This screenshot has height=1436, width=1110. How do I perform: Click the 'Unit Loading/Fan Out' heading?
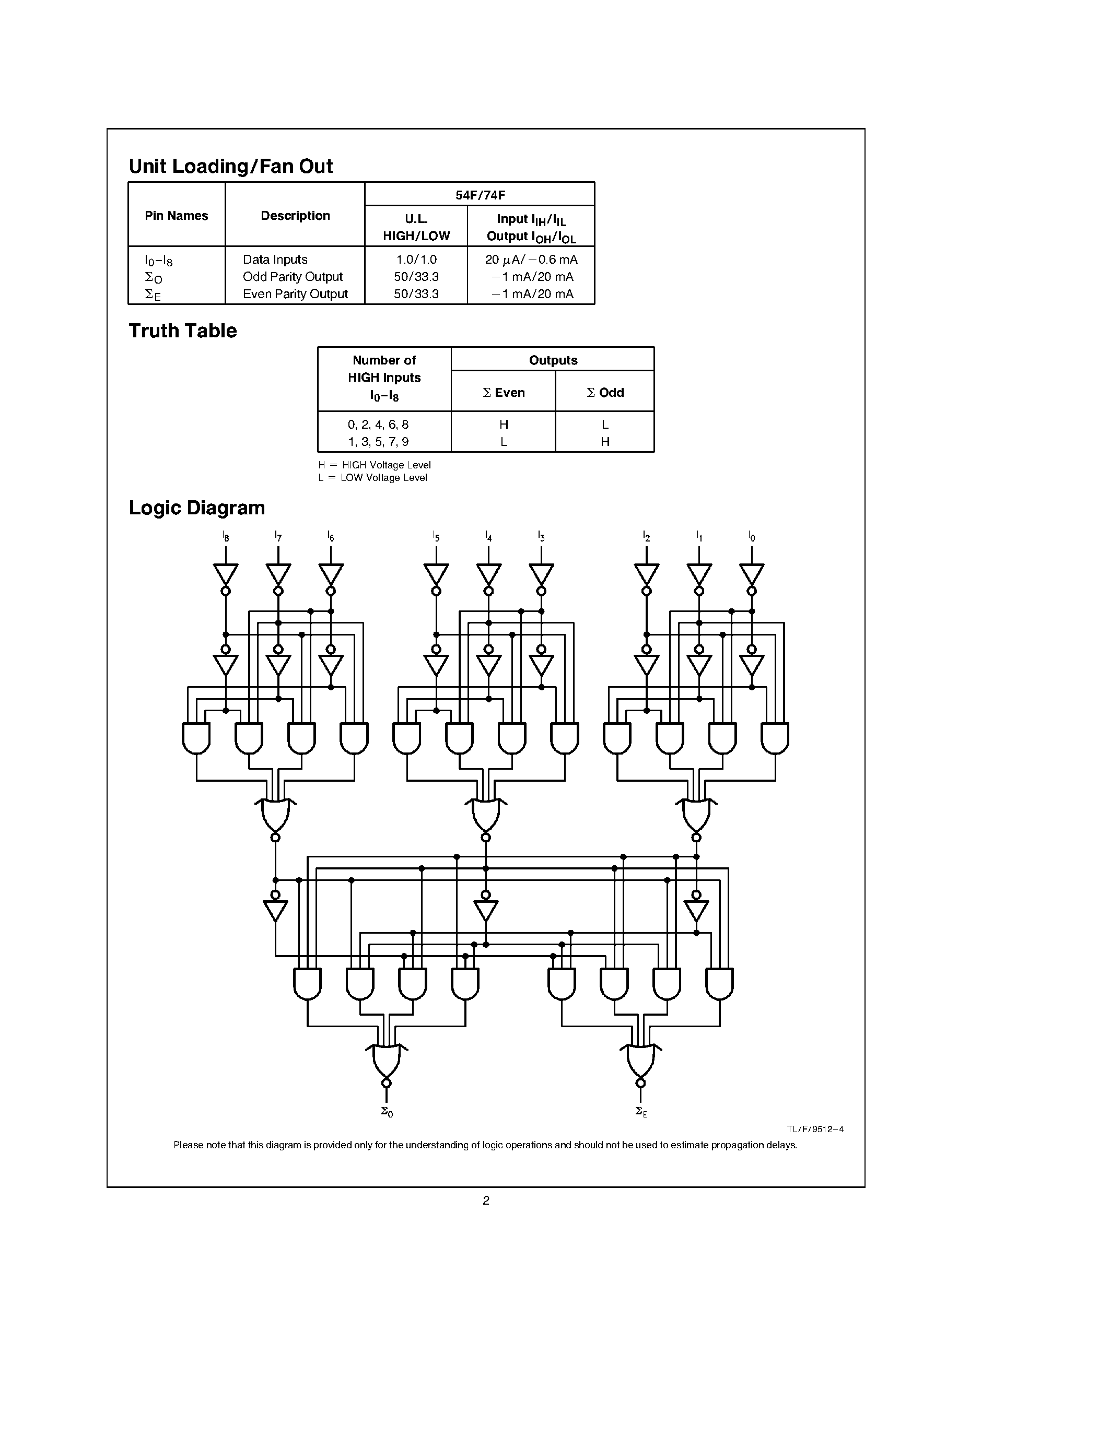tap(231, 167)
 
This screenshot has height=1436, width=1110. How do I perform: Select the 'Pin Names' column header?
tap(176, 216)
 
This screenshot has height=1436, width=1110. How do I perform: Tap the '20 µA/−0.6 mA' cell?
tap(531, 260)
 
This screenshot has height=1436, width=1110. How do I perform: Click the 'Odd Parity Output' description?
tap(293, 277)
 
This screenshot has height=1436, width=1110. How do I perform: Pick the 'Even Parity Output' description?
tap(295, 294)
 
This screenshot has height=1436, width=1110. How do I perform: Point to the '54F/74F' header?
tap(480, 195)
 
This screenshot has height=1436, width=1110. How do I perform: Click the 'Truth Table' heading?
tap(183, 331)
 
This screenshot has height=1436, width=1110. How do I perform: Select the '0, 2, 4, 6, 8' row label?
tap(378, 425)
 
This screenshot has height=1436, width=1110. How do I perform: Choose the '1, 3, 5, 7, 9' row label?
tap(378, 442)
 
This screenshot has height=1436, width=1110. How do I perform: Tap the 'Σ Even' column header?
tap(504, 393)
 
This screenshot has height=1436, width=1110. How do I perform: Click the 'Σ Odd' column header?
tap(605, 393)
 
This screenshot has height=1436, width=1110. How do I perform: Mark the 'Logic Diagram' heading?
tap(196, 508)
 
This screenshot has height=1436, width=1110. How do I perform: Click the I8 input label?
tap(226, 536)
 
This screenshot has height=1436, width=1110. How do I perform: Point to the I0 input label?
tap(752, 536)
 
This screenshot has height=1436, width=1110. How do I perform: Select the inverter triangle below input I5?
tap(436, 574)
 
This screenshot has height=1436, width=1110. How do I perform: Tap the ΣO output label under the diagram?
tap(387, 1111)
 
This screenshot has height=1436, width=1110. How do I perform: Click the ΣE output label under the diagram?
tap(641, 1111)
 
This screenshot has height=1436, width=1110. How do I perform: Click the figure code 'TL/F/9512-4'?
tap(815, 1129)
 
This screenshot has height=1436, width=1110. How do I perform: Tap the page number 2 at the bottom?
tap(486, 1200)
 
